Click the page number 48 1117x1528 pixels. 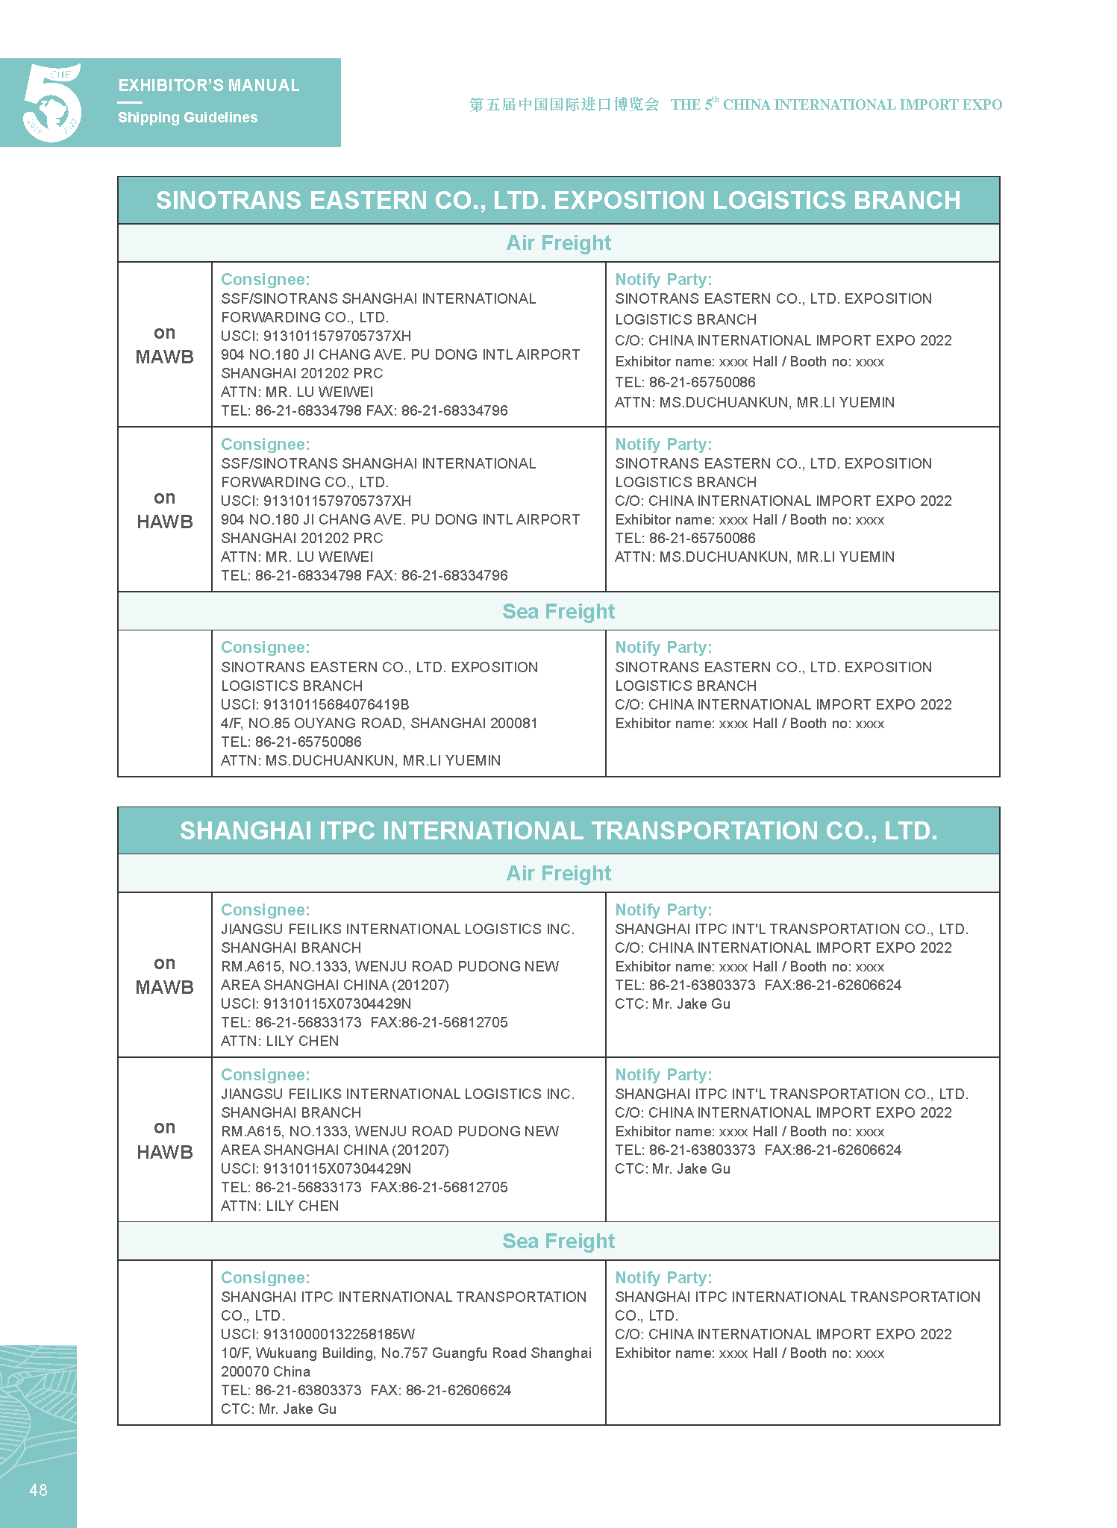[38, 1490]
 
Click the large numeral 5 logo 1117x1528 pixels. [52, 103]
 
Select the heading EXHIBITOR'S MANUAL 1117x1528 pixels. [209, 86]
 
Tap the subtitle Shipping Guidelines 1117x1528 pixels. [187, 117]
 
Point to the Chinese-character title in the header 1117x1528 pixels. [564, 104]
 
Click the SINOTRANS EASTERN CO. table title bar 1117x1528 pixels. [558, 200]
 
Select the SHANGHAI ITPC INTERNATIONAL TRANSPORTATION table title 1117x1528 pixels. [558, 830]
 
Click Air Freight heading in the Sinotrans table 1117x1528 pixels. [558, 243]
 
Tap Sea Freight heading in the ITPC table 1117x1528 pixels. [558, 1241]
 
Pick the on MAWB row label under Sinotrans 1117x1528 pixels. [164, 345]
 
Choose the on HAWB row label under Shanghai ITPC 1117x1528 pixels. [164, 1139]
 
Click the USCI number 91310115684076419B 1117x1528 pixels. [315, 704]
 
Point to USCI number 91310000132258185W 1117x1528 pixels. [318, 1334]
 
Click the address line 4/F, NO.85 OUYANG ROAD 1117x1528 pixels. [379, 723]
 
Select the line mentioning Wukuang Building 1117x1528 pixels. [406, 1353]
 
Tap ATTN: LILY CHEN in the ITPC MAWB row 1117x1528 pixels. [280, 1041]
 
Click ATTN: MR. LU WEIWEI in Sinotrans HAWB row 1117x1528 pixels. [297, 557]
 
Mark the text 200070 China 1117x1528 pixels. [266, 1371]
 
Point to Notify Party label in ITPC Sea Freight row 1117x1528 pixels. [663, 1277]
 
